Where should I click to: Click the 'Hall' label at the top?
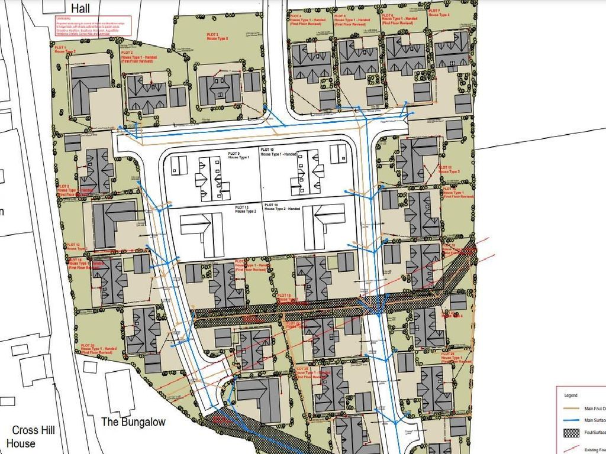(80, 8)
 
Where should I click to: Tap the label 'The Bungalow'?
(133, 422)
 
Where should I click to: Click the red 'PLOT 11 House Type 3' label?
(449, 170)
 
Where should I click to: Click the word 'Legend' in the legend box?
(570, 395)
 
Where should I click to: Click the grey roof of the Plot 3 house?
(220, 89)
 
